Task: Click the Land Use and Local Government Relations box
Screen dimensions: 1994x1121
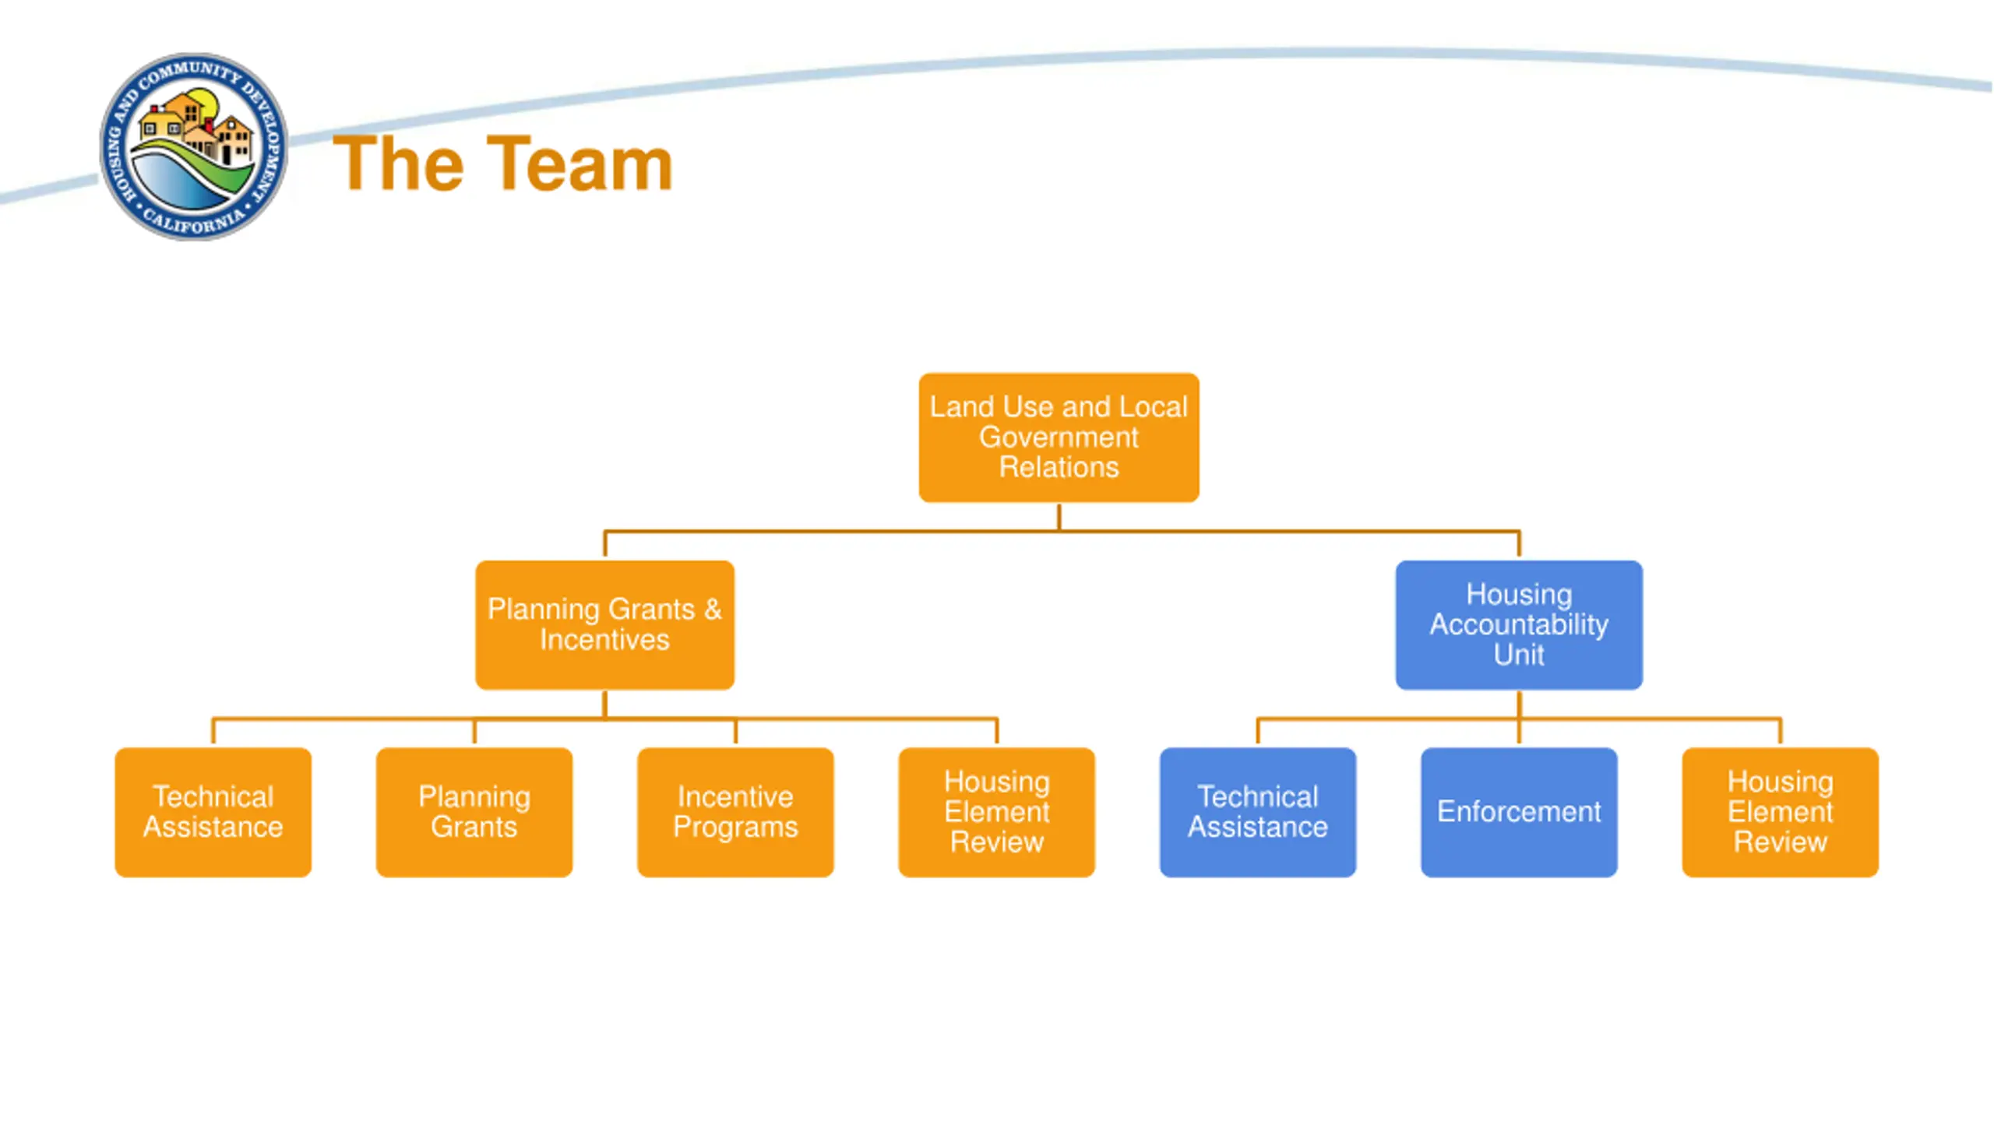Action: coord(1059,438)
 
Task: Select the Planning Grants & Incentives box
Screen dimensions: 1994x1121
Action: coord(604,625)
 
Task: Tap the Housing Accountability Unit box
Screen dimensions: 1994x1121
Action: coord(1519,625)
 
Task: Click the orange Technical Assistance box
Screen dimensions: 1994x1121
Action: coord(213,812)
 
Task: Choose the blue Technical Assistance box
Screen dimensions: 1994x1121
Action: coord(1257,812)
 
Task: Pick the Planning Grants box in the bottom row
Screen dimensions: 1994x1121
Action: coord(474,812)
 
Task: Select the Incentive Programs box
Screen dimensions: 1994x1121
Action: coord(735,812)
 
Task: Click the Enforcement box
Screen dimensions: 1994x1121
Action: coord(1519,812)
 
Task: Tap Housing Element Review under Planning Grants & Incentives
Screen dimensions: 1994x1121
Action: coord(996,812)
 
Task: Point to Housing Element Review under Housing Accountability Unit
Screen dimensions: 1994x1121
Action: coord(1780,812)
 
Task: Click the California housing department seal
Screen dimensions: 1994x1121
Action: coord(194,147)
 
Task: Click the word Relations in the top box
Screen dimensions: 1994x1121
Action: coord(1059,467)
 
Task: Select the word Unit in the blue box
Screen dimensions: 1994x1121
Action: coord(1519,655)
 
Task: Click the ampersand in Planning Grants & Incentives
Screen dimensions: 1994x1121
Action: coord(713,609)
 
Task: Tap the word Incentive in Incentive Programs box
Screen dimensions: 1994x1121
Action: coord(735,796)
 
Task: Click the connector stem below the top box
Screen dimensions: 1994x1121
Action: coord(1059,517)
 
